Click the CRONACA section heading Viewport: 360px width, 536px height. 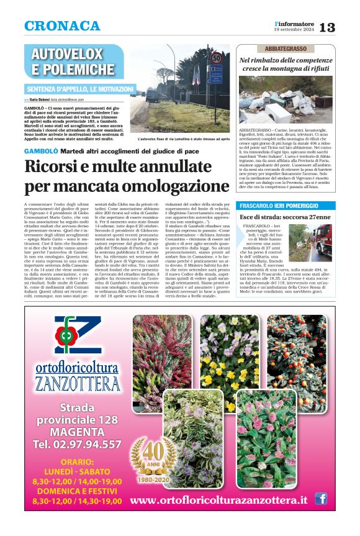coord(62,26)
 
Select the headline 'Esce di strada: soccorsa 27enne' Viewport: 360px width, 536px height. coord(285,217)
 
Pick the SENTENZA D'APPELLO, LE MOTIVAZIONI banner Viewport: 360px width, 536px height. coord(81,89)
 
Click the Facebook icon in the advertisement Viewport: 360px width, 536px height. coord(321,498)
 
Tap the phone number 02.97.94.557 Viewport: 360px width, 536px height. coord(77,444)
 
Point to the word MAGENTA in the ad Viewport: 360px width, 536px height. coord(77,432)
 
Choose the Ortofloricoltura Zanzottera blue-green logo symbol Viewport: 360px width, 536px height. coord(77,336)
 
